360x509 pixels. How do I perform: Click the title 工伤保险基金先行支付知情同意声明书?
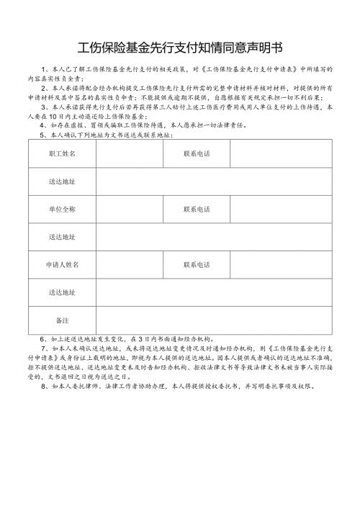[180, 48]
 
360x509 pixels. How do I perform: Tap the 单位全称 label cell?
[62, 209]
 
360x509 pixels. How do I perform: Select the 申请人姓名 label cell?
[62, 264]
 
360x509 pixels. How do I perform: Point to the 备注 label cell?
[62, 319]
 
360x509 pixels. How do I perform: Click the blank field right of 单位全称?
[130, 209]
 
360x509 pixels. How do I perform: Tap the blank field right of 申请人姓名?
[130, 264]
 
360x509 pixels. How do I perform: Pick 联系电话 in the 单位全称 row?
[197, 209]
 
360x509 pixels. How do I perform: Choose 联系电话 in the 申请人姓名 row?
[197, 264]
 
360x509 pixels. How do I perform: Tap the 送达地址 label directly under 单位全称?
[62, 236]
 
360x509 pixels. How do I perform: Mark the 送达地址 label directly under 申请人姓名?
[62, 292]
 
